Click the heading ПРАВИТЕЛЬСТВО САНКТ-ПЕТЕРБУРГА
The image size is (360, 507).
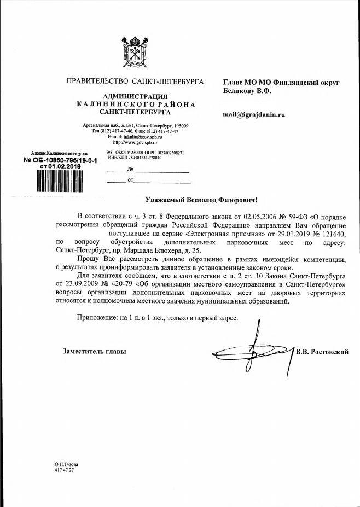[135, 81]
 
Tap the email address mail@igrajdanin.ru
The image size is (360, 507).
[254, 115]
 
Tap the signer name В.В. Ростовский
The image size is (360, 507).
[322, 352]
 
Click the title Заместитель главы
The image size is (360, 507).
[95, 352]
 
